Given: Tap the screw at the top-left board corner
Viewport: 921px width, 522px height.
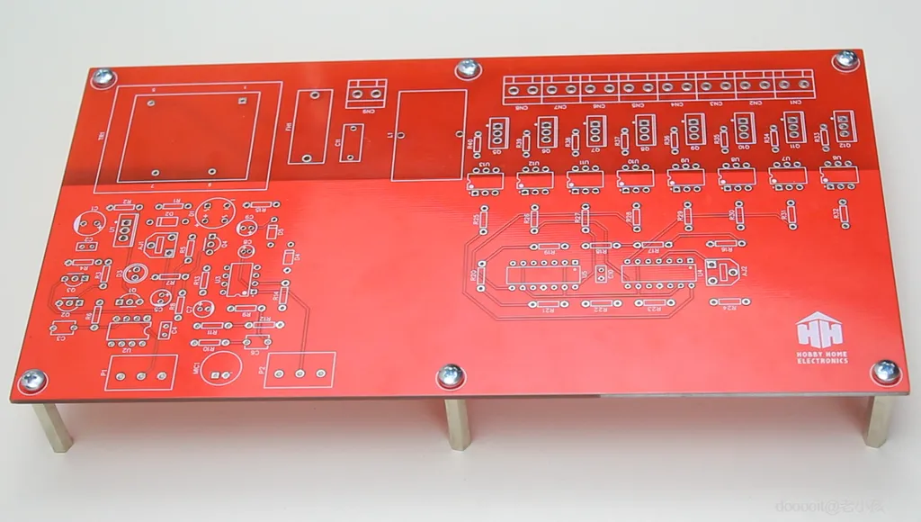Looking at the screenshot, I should pyautogui.click(x=104, y=77).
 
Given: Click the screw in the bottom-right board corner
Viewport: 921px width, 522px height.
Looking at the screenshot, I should pyautogui.click(x=885, y=371).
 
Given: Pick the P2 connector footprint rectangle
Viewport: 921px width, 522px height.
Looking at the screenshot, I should pyautogui.click(x=300, y=369).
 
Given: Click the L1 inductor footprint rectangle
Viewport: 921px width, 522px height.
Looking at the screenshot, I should pyautogui.click(x=429, y=135).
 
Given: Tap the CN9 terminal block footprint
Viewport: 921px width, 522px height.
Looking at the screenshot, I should pyautogui.click(x=367, y=91).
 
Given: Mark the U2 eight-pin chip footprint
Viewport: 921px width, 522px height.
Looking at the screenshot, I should pyautogui.click(x=129, y=329).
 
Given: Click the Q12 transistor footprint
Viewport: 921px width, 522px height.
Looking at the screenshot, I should pyautogui.click(x=844, y=125).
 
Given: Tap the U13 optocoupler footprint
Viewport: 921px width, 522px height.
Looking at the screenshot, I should pyautogui.click(x=486, y=182).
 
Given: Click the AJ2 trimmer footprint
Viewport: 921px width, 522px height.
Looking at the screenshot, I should pyautogui.click(x=726, y=270).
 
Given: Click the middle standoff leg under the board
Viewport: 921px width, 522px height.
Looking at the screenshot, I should pyautogui.click(x=457, y=422).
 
